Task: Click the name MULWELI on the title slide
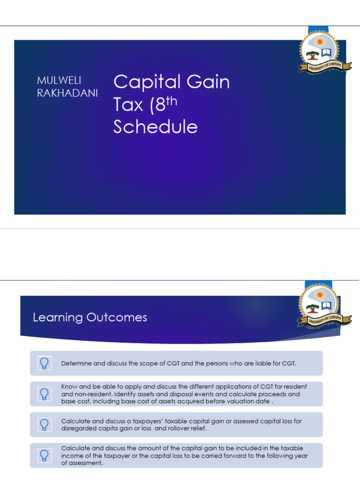[59, 81]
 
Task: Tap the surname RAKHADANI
[67, 93]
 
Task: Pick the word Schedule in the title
[155, 127]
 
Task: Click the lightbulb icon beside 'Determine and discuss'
[44, 363]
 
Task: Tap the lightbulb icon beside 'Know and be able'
[44, 394]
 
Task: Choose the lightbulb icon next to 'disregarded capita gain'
[44, 425]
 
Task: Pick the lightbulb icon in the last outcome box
[44, 455]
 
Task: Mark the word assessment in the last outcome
[87, 463]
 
